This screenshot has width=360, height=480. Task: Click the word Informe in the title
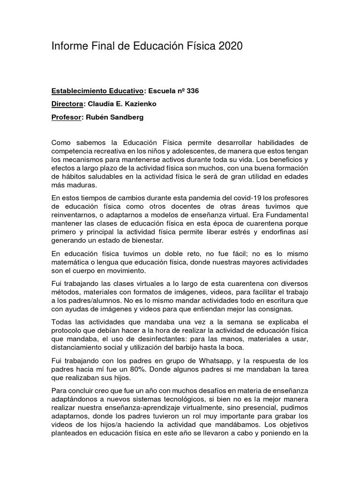click(x=69, y=46)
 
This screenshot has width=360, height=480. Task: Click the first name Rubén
click(x=95, y=117)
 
